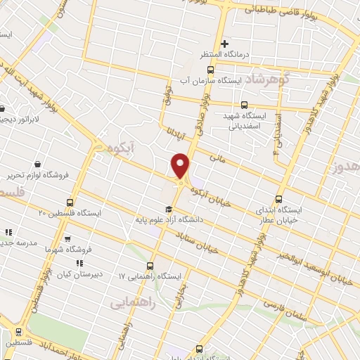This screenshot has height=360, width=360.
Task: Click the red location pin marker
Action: (181, 165)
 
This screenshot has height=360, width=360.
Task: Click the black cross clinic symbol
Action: (224, 44)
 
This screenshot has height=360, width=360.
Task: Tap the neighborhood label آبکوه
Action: (111, 150)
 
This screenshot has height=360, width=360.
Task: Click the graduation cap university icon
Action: (168, 209)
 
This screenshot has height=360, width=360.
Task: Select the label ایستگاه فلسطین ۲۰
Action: (70, 212)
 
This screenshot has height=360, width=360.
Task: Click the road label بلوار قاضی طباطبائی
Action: (302, 10)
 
